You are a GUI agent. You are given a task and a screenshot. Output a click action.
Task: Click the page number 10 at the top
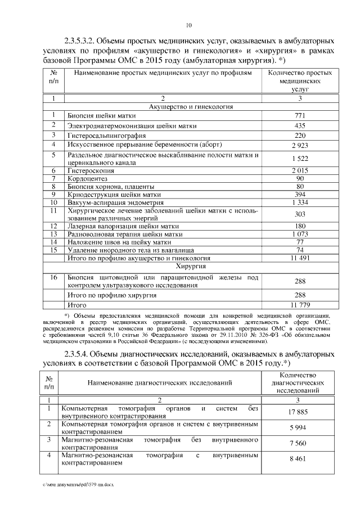(189, 25)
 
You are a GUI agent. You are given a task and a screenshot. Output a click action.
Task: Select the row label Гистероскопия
(91, 170)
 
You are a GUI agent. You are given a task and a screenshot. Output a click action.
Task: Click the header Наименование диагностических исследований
(160, 382)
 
